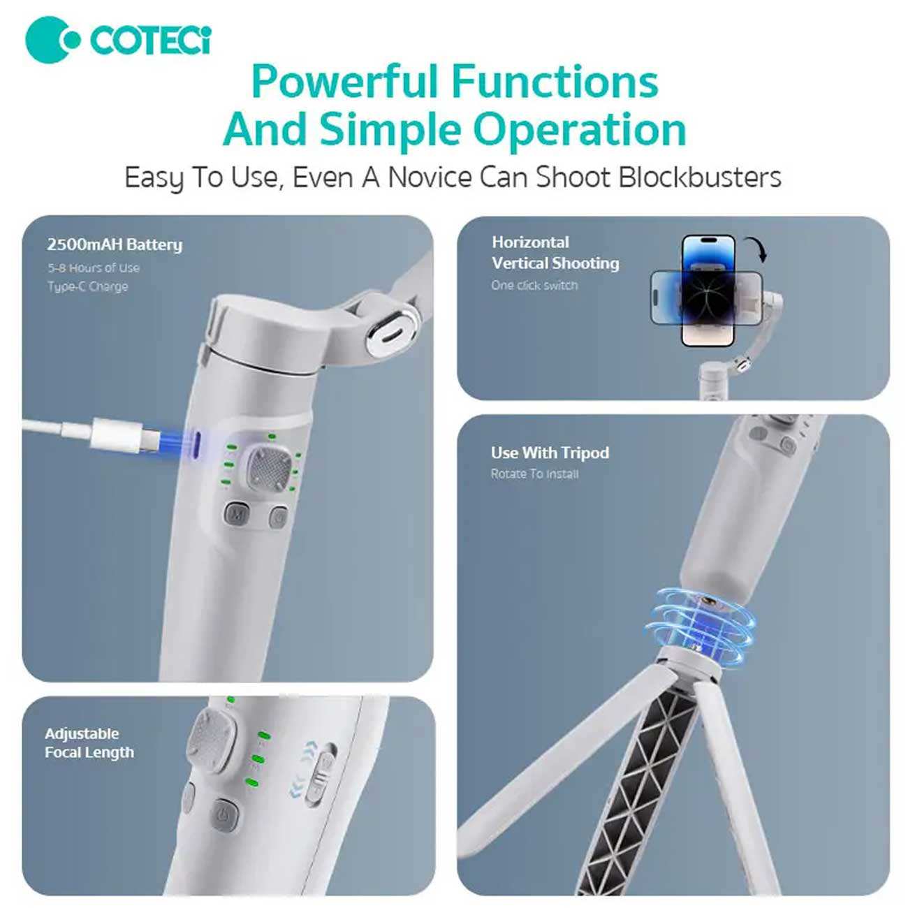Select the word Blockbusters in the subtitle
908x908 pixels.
(699, 177)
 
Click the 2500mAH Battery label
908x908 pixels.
(115, 244)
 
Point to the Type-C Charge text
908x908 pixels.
(87, 286)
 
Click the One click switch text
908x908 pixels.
(534, 285)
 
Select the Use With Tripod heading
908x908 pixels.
(550, 453)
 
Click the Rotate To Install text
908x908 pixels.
(534, 474)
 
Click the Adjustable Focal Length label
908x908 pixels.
(89, 743)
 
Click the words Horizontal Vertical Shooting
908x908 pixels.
(555, 253)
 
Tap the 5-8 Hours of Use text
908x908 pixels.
(94, 268)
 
